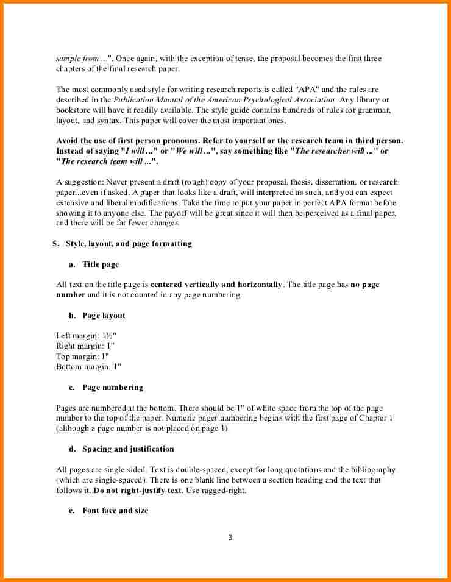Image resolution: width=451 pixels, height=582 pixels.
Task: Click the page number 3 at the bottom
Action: (x=230, y=538)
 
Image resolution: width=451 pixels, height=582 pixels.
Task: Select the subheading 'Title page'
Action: (x=101, y=264)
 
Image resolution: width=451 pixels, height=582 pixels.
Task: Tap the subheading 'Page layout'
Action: (x=104, y=316)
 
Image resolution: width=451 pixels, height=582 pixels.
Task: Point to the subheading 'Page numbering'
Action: (x=113, y=388)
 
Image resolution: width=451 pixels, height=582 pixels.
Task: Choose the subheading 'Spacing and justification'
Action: (x=128, y=449)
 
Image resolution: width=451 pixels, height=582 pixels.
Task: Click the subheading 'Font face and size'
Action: (x=115, y=511)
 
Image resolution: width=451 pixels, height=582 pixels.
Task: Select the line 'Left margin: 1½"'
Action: (x=86, y=336)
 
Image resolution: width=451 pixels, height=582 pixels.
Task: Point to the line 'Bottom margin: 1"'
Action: (x=88, y=367)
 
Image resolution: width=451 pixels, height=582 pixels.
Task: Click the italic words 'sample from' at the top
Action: (x=77, y=59)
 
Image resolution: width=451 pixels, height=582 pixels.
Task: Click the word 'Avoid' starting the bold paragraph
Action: (x=67, y=141)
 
